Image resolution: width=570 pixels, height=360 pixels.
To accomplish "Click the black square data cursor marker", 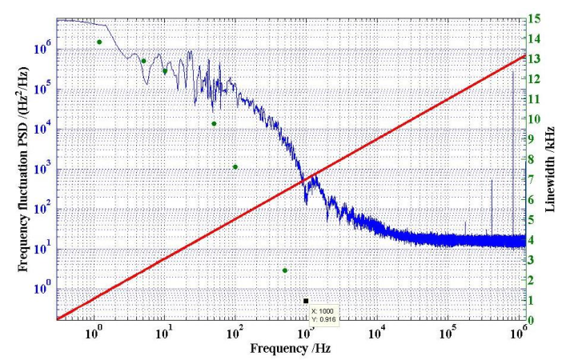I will pos(306,301).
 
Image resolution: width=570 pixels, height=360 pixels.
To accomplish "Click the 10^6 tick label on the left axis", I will pos(40,49).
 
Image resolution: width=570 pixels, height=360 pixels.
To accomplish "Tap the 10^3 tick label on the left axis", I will pos(40,169).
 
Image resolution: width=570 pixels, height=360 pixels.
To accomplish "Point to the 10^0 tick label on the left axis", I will pos(40,288).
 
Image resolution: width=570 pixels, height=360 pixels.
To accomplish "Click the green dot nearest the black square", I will pos(285,270).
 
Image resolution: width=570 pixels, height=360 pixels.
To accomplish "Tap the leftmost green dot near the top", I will pos(99,42).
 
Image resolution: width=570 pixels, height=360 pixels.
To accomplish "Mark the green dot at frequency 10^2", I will pos(235,166).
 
